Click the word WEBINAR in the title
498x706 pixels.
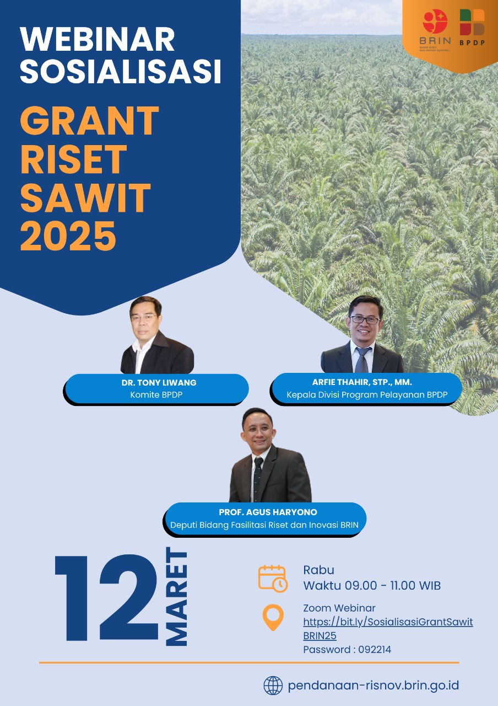click(x=98, y=39)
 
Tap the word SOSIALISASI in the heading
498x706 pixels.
click(x=121, y=71)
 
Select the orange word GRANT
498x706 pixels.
click(x=90, y=120)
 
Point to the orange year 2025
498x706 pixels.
click(x=68, y=236)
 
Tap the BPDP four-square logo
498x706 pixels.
click(x=472, y=22)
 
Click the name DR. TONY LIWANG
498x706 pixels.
click(x=159, y=383)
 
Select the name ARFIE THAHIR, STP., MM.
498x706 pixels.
click(x=362, y=382)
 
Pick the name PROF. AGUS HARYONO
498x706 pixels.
click(x=268, y=512)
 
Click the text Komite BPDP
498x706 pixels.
click(x=156, y=394)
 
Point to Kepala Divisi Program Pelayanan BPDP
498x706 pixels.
click(x=367, y=394)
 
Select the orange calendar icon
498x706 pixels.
click(x=273, y=579)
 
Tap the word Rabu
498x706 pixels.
click(x=318, y=570)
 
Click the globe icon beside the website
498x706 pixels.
click(x=273, y=686)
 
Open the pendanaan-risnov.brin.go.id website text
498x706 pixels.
click(x=373, y=686)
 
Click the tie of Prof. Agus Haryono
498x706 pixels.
click(x=257, y=478)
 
